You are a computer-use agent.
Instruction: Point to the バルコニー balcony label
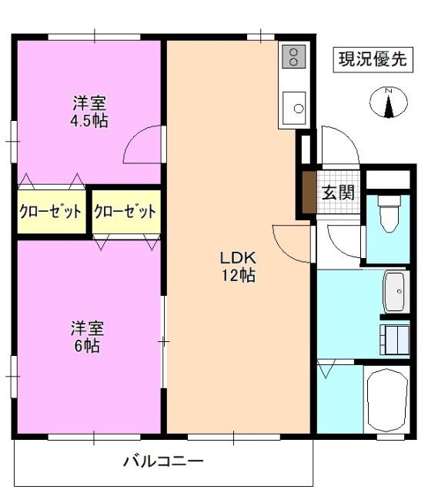pyautogui.click(x=163, y=462)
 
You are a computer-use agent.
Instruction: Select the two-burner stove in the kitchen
pyautogui.click(x=293, y=55)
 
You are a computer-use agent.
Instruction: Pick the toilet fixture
pyautogui.click(x=390, y=214)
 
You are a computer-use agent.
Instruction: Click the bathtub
pyautogui.click(x=387, y=399)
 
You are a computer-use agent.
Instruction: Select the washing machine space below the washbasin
pyautogui.click(x=396, y=337)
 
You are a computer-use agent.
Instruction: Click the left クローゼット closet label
pyautogui.click(x=50, y=211)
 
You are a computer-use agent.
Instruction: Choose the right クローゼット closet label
pyautogui.click(x=125, y=211)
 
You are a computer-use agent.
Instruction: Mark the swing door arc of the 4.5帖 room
pyautogui.click(x=143, y=145)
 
